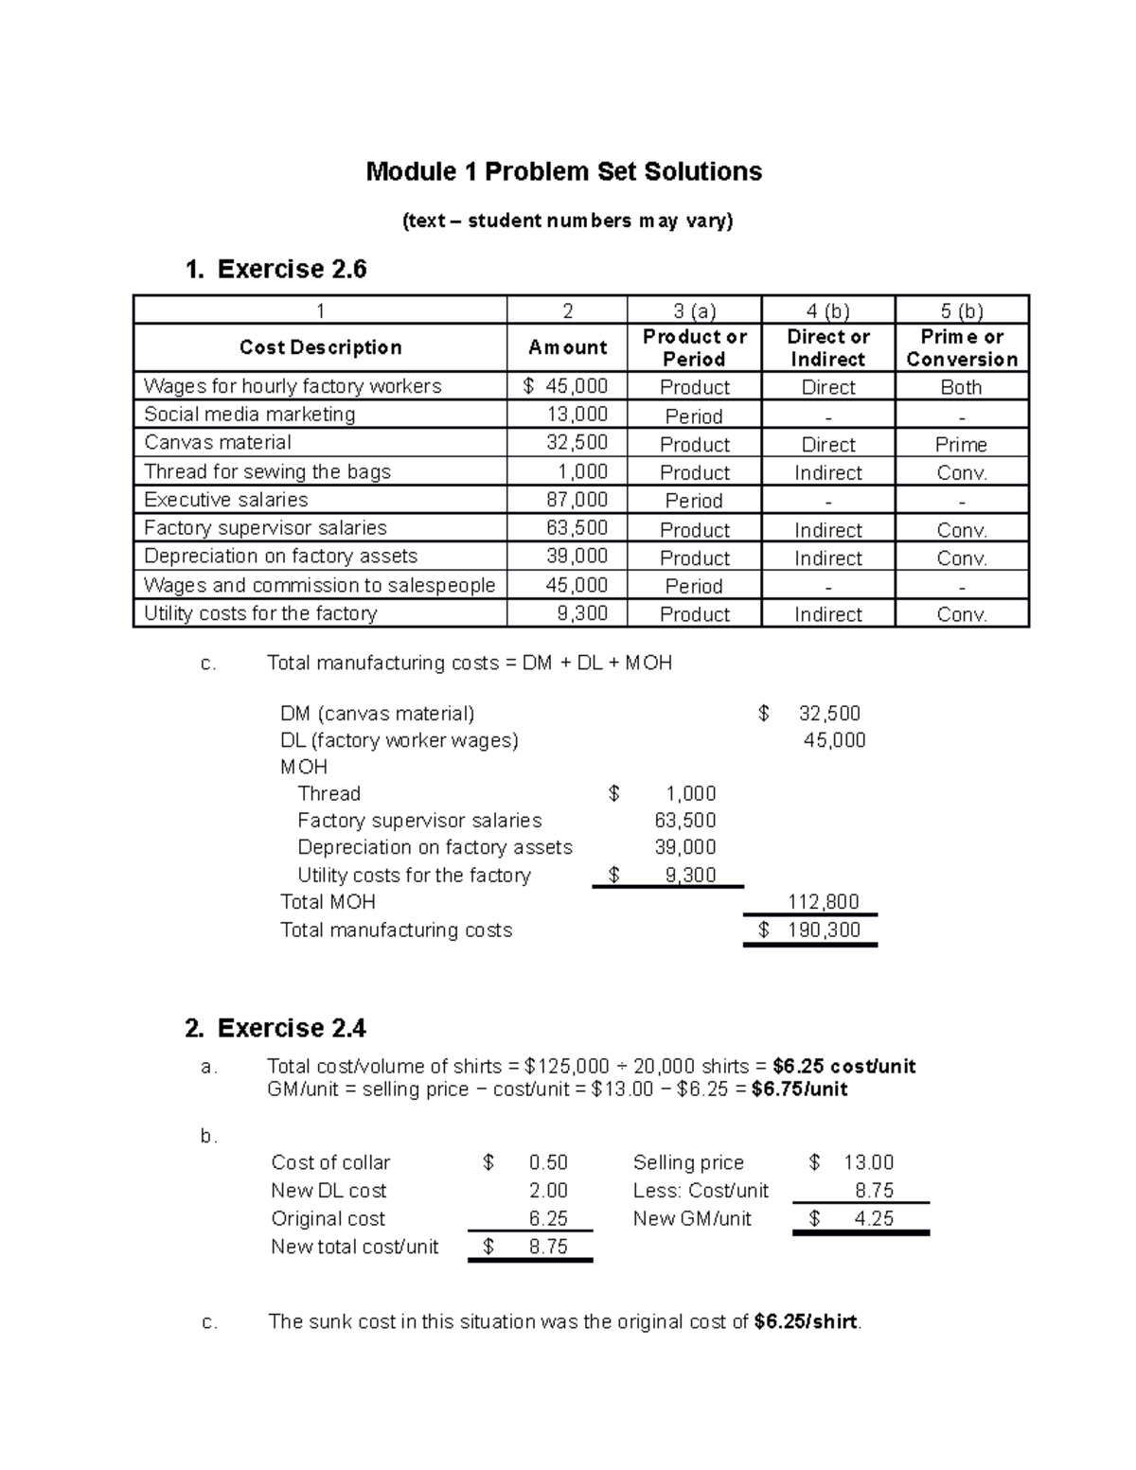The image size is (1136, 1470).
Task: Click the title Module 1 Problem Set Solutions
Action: pos(563,171)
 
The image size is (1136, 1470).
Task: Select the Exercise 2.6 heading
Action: pos(276,270)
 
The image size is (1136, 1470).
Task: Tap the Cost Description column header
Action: pos(320,347)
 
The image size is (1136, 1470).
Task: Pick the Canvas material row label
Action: pos(218,443)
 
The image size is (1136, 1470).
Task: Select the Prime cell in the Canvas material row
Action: pos(961,445)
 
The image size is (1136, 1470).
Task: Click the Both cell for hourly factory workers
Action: pos(961,387)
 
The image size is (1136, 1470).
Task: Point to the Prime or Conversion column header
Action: pos(961,347)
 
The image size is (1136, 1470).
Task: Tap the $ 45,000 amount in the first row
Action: pos(566,386)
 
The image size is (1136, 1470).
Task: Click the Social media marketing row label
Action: pos(250,415)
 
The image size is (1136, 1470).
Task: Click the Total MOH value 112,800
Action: pos(823,902)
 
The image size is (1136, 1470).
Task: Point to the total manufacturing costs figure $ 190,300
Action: pos(811,930)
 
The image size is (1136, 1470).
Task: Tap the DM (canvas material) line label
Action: pos(377,714)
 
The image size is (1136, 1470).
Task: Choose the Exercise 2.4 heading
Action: pos(276,1028)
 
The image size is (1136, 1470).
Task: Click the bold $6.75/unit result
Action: pos(799,1089)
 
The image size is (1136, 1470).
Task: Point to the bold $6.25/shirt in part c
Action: pos(807,1322)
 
